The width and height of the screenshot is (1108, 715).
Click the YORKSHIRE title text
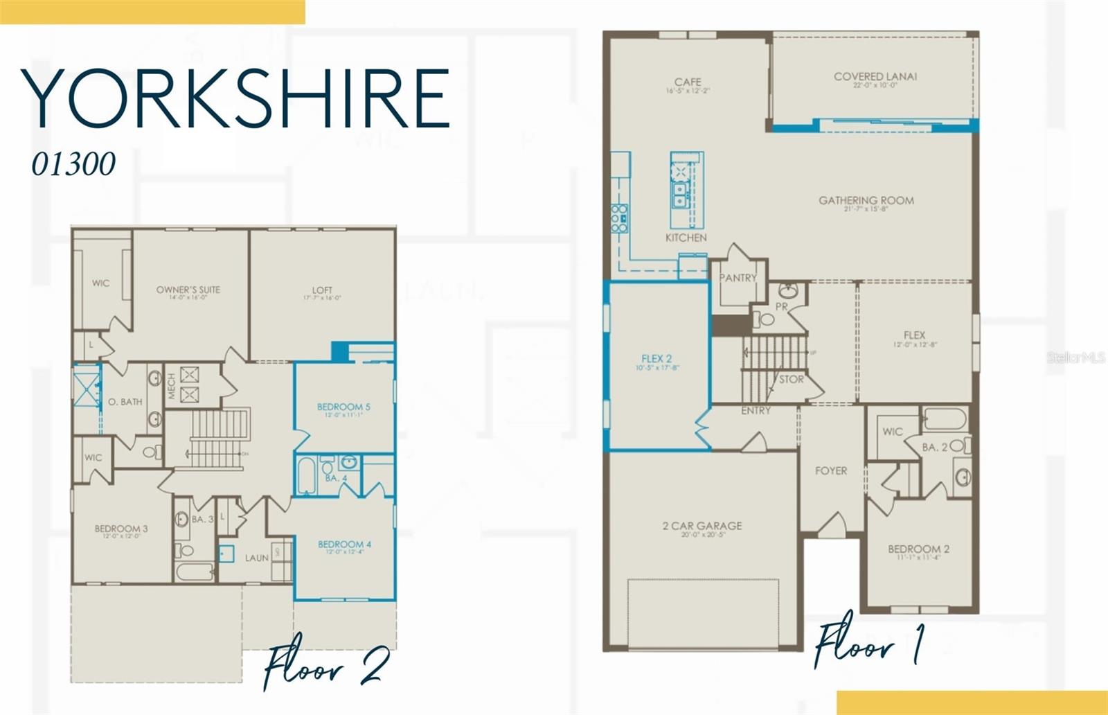pyautogui.click(x=235, y=98)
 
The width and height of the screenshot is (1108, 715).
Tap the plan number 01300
pyautogui.click(x=73, y=164)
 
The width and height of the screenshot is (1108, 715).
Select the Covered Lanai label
pyautogui.click(x=875, y=77)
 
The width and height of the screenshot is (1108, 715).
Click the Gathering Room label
pyautogui.click(x=866, y=201)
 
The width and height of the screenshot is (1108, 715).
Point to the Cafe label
pyautogui.click(x=688, y=82)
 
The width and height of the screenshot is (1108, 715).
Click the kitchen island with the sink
pyautogui.click(x=686, y=190)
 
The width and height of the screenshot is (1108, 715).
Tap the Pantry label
pyautogui.click(x=738, y=278)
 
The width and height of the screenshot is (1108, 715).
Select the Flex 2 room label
pyautogui.click(x=656, y=359)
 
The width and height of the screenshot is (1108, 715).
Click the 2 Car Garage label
pyautogui.click(x=702, y=527)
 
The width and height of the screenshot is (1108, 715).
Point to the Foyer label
pyautogui.click(x=831, y=471)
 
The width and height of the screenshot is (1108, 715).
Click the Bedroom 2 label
pyautogui.click(x=918, y=549)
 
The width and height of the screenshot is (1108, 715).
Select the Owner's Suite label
pyautogui.click(x=188, y=290)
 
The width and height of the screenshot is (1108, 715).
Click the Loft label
pyautogui.click(x=322, y=290)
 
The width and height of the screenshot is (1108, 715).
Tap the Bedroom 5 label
pyautogui.click(x=343, y=407)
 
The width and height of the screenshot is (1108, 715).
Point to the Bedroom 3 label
pyautogui.click(x=121, y=529)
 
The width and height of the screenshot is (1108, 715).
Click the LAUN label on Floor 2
pyautogui.click(x=257, y=558)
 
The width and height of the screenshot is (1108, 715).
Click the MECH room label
pyautogui.click(x=172, y=386)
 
